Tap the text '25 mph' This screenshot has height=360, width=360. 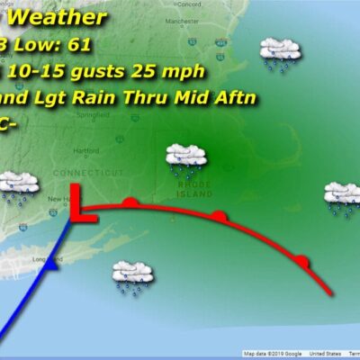[x=188, y=70]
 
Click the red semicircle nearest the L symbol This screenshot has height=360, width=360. [x=130, y=202]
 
